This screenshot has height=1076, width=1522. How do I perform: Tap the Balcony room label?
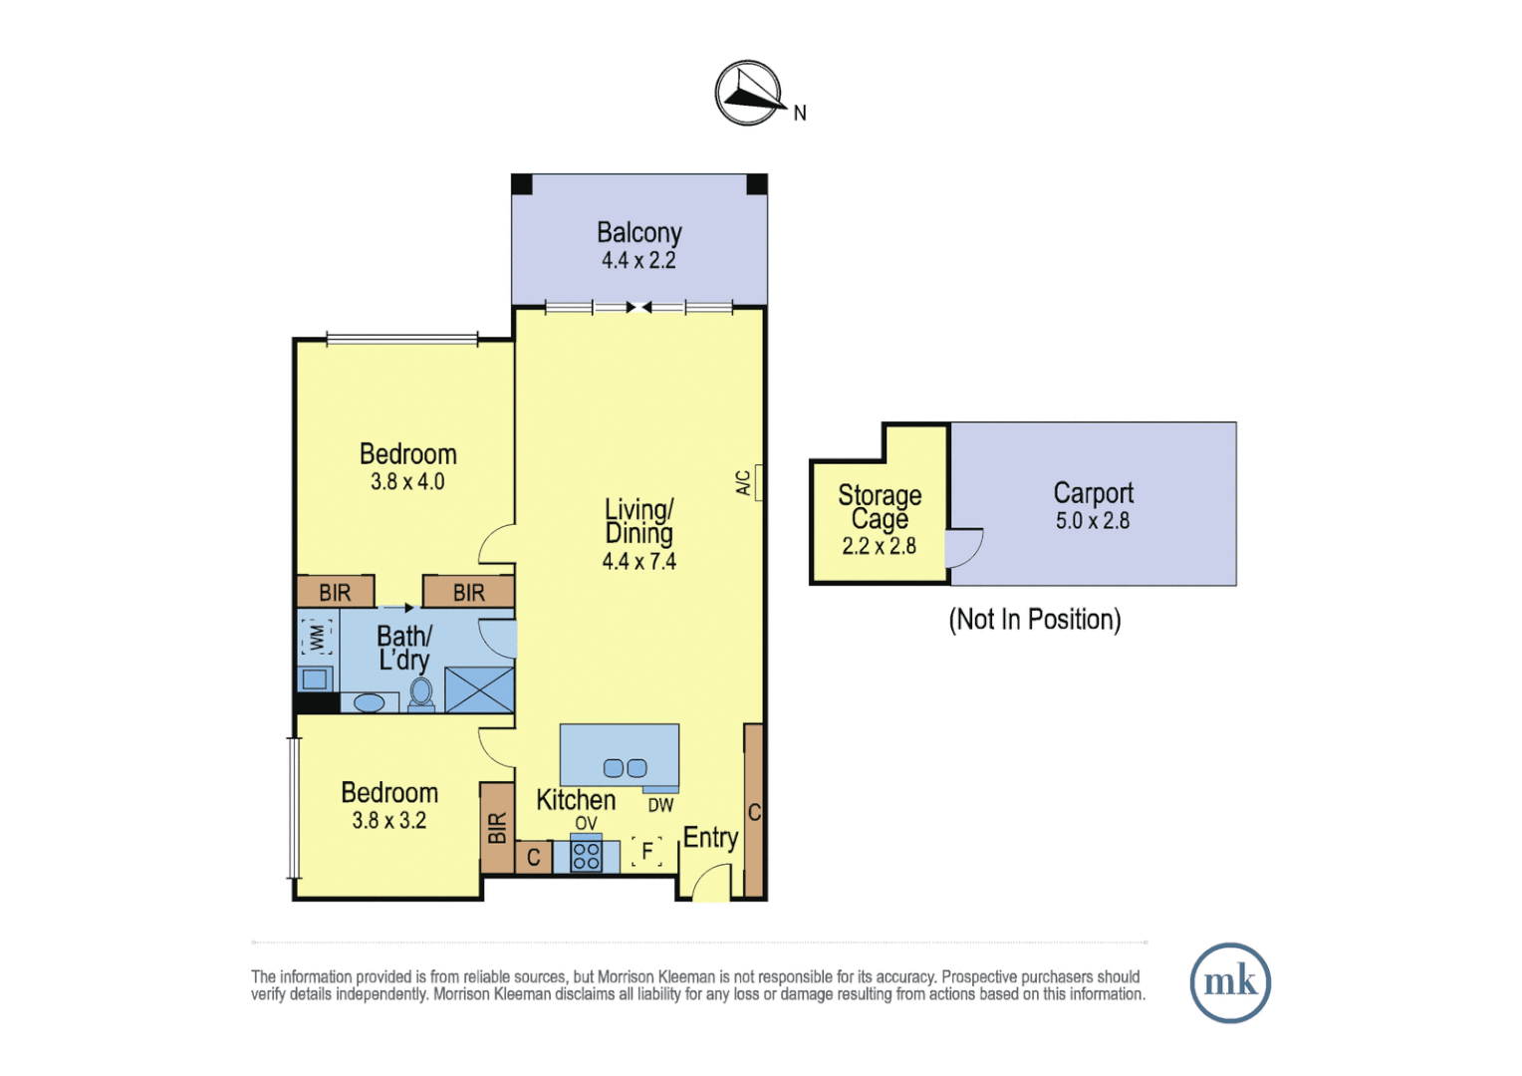tap(638, 232)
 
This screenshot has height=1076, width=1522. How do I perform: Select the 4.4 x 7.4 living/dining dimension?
tap(638, 562)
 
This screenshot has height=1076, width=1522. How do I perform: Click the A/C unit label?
tap(743, 483)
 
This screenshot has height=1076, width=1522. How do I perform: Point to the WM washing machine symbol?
tap(317, 637)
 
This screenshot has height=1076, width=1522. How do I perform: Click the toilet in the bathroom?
tap(421, 693)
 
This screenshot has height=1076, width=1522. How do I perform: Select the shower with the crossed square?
tap(479, 689)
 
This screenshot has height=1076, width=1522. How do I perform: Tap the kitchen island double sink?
tap(625, 768)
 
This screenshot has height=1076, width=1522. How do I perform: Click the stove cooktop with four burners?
tap(586, 856)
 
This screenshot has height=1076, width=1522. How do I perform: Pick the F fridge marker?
tap(647, 852)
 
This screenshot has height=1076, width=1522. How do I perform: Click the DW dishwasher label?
tap(660, 805)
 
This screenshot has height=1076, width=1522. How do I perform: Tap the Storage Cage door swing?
tap(963, 548)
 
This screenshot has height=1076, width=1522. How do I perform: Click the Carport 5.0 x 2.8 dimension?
tap(1092, 521)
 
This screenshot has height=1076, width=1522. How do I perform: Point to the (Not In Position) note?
tap(1034, 620)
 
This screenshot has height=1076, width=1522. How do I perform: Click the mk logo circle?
tap(1230, 982)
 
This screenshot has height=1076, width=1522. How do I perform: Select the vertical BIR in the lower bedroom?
tap(497, 828)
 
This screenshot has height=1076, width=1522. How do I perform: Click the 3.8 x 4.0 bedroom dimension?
tap(407, 482)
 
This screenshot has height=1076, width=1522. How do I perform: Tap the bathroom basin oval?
tap(369, 703)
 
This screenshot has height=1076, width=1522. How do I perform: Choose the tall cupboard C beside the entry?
tap(754, 812)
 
